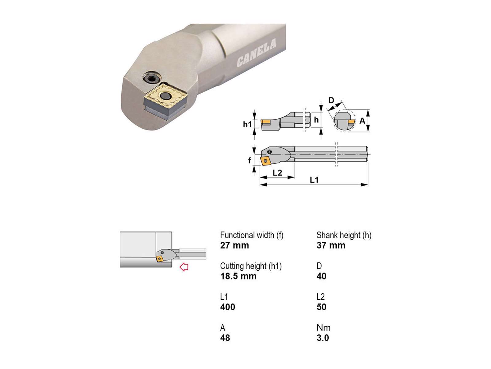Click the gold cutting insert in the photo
pos(166,96)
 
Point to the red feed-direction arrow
pos(184,267)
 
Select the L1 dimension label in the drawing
pos(314,180)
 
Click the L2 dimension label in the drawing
pos(277,173)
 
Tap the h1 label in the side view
pos(247,124)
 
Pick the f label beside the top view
pos(249,160)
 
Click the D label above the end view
pos(331,100)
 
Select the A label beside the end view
pos(362,121)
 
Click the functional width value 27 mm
pos(234,245)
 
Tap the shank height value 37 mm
pos(331,245)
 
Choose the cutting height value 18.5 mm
pos(238,276)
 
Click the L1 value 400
pos(227,307)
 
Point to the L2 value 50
pos(321,307)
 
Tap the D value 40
pos(321,276)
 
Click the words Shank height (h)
pos(344,235)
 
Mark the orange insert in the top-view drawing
pos(265,161)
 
